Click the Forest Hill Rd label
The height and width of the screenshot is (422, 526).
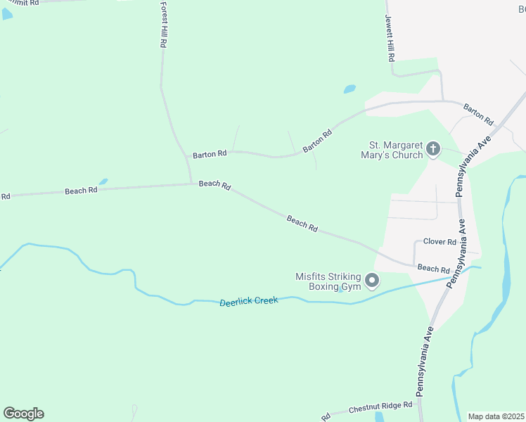point(162,25)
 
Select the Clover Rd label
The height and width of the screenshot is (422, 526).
point(440,242)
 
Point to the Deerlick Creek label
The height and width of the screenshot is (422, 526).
point(248,301)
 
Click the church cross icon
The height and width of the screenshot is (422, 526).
point(433,149)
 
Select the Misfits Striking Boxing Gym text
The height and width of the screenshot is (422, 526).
point(328,281)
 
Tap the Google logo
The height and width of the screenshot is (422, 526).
point(23,414)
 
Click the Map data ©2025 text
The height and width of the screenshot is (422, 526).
point(496,416)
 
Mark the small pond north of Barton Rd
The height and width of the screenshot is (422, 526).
point(349,89)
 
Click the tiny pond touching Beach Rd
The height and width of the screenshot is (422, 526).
point(103,181)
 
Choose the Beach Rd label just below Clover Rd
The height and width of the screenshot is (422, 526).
point(433,269)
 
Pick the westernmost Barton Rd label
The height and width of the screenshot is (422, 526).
point(210,153)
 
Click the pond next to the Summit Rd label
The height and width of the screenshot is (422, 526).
point(7,14)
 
